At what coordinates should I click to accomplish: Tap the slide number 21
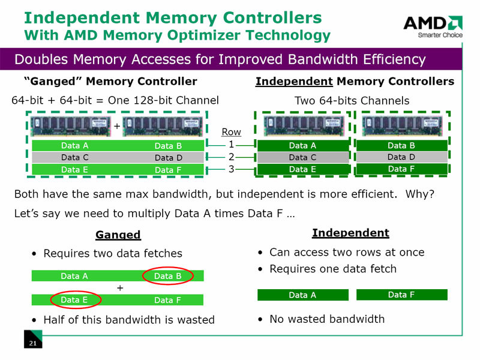point(33,343)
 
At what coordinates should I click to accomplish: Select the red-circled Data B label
point(168,276)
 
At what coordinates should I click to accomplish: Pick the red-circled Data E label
point(75,299)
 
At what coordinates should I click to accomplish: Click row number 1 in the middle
point(230,145)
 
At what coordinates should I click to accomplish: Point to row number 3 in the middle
point(230,169)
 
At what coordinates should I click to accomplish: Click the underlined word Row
point(231,132)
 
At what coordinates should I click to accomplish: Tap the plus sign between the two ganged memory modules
point(117,127)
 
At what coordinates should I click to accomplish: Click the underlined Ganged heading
point(118,235)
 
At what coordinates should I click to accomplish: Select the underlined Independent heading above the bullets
point(350,233)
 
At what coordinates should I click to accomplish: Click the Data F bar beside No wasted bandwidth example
point(401,295)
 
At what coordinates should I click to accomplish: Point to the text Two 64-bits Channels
point(352,100)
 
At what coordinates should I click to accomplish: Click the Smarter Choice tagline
point(440,35)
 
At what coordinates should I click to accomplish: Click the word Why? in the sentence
point(420,194)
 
